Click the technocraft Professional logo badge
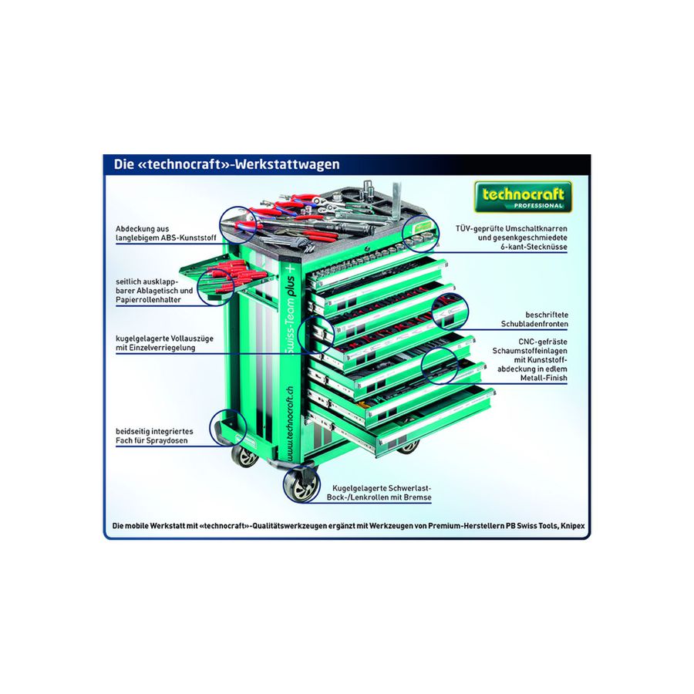tap(523, 197)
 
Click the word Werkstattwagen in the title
tap(288, 164)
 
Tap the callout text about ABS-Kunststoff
tap(166, 233)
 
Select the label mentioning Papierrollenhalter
tap(154, 291)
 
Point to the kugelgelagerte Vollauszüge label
tap(164, 343)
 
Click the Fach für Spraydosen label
tap(154, 436)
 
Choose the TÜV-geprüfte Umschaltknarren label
tap(511, 238)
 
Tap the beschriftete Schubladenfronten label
tap(534, 319)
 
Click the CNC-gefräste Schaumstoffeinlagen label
tap(530, 360)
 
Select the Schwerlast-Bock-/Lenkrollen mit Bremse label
tap(379, 493)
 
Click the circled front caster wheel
tap(301, 485)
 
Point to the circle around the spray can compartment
tap(227, 426)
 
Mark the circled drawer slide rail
tap(315, 335)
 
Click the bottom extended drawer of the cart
tap(400, 420)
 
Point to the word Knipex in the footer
tap(573, 526)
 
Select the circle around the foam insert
tap(439, 366)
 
